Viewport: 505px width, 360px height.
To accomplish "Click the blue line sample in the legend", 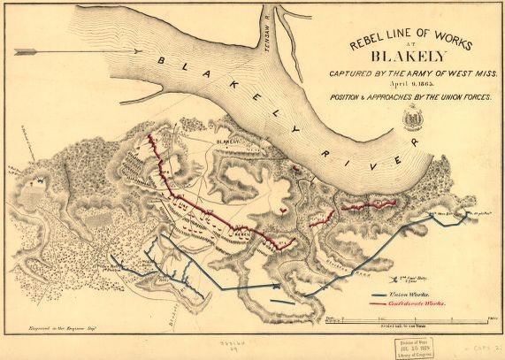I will point(377,295).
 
